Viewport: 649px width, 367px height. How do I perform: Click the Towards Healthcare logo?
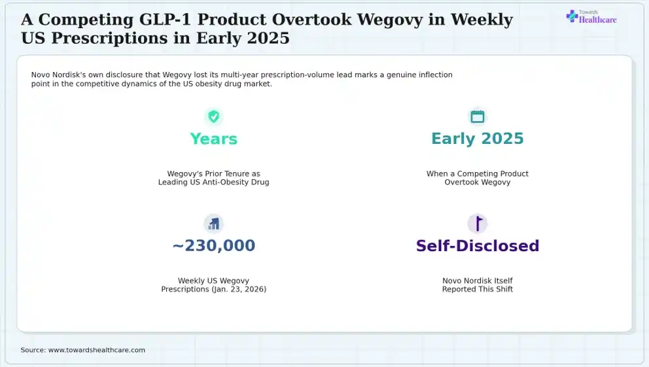[x=591, y=17]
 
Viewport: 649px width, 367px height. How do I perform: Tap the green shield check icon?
[x=213, y=116]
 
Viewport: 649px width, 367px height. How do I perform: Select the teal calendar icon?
[x=477, y=116]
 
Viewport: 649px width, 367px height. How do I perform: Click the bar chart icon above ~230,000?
[x=213, y=224]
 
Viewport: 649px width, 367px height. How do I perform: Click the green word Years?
[x=213, y=139]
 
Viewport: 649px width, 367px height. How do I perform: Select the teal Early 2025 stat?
[x=477, y=139]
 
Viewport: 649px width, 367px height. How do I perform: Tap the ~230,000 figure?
[x=213, y=245]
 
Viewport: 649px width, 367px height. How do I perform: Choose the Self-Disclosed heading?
[x=477, y=246]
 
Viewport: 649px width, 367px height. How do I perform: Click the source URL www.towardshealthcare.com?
[x=97, y=350]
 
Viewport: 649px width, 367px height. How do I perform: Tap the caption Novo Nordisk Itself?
[x=477, y=281]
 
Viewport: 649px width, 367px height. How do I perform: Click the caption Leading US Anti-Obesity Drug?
[x=213, y=182]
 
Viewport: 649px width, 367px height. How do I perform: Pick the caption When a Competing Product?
[x=477, y=174]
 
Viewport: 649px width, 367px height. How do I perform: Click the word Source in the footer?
[x=33, y=350]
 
